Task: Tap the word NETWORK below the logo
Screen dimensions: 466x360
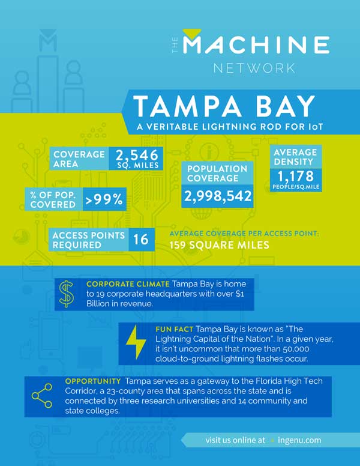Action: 254,67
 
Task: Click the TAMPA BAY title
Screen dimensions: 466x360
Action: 223,106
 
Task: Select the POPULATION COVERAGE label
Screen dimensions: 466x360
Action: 217,174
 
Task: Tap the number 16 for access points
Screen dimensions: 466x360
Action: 140,240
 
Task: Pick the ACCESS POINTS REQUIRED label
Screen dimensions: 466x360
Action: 88,240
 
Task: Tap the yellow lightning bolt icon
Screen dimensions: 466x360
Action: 136,343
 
